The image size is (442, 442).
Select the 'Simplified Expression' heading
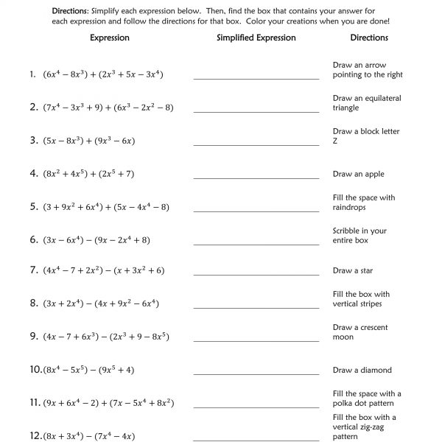point(256,38)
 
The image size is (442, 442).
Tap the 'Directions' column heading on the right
point(369,38)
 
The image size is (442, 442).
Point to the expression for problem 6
point(97,239)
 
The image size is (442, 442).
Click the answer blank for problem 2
point(256,111)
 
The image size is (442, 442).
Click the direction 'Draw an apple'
point(359,175)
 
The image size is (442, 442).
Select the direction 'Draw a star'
point(353,271)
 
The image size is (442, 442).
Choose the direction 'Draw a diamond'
point(362,371)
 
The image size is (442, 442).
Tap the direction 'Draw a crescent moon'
point(360,332)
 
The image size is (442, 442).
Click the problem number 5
point(34,207)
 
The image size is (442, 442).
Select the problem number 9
point(34,337)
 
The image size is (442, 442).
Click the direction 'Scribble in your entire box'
point(359,236)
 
